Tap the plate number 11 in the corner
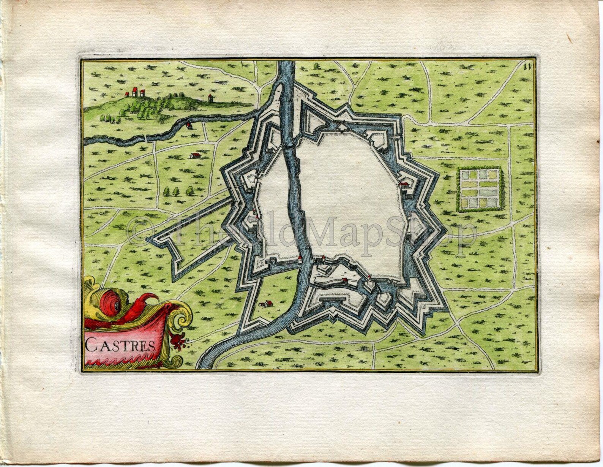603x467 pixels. pyautogui.click(x=526, y=67)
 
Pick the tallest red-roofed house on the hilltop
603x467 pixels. pyautogui.click(x=134, y=91)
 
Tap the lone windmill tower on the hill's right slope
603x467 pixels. pyautogui.click(x=210, y=98)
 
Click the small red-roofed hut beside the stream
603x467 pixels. pyautogui.click(x=189, y=125)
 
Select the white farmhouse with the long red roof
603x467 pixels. pyautogui.click(x=195, y=155)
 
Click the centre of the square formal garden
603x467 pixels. pyautogui.click(x=480, y=190)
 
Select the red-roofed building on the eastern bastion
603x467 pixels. pyautogui.click(x=404, y=184)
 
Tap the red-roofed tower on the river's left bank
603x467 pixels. pyautogui.click(x=300, y=260)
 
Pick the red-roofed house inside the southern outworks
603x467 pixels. pyautogui.click(x=344, y=280)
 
